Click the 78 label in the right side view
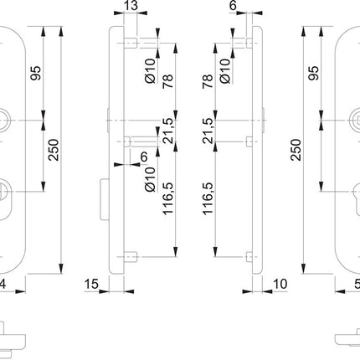[208, 83]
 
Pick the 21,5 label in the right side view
[208, 131]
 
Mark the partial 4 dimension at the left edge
[4, 285]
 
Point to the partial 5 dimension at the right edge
[355, 285]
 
